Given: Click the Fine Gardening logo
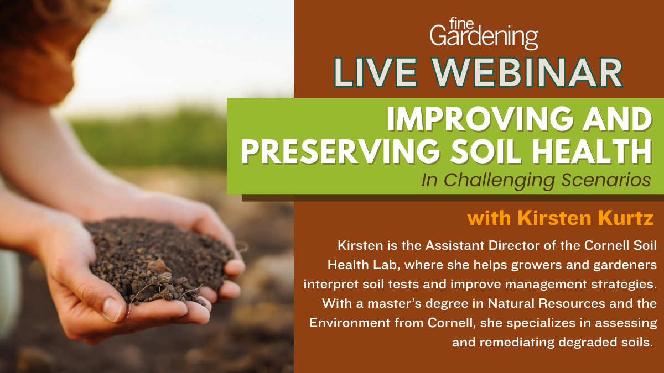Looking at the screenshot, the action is click(x=484, y=33).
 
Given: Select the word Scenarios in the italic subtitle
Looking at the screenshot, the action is click(x=606, y=180).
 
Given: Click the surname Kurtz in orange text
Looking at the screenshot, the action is click(x=625, y=218).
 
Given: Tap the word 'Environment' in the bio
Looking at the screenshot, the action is click(x=350, y=323).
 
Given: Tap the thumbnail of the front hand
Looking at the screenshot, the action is click(x=111, y=309).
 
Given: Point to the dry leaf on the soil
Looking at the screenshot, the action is click(x=159, y=266).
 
